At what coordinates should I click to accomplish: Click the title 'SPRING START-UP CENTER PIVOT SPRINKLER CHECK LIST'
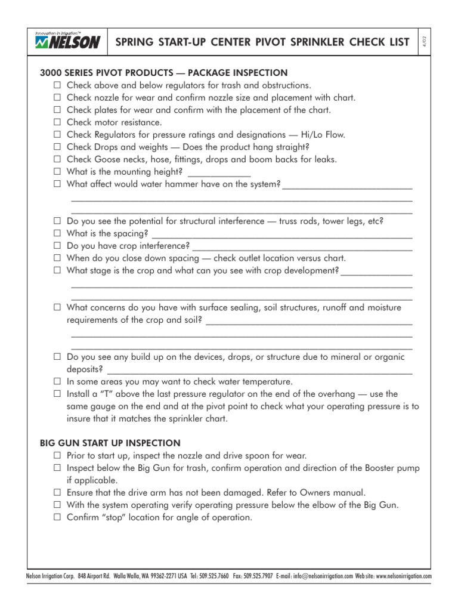click(x=262, y=42)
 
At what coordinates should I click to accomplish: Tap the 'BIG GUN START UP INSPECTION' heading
click(x=110, y=443)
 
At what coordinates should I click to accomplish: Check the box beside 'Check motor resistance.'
click(x=57, y=122)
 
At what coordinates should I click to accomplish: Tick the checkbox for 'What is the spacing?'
click(x=57, y=233)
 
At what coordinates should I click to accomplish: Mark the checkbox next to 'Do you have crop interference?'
click(x=57, y=246)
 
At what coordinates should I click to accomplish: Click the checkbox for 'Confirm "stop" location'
click(x=57, y=518)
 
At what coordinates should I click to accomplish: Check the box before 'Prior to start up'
click(x=57, y=456)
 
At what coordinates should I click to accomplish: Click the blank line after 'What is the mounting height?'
click(x=219, y=173)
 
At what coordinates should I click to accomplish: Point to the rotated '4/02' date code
click(x=425, y=41)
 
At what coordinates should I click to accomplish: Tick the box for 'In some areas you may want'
click(x=57, y=381)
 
